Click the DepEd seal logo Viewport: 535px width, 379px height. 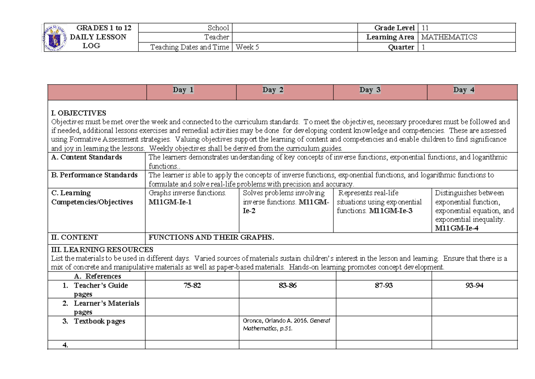point(56,37)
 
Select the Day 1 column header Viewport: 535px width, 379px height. point(183,90)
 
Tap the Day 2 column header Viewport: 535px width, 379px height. point(273,90)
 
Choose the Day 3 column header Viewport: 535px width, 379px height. point(370,90)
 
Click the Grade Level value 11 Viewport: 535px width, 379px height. point(424,28)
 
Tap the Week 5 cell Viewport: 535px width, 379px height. point(247,47)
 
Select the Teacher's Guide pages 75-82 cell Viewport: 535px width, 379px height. point(192,286)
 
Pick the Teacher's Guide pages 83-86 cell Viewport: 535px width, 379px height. point(288,286)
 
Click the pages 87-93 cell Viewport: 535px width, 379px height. point(383,286)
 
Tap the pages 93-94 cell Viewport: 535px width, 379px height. point(474,286)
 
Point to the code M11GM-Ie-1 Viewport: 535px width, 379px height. point(170,202)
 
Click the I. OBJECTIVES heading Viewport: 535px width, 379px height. point(78,113)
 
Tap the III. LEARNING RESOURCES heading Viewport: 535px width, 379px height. point(102,250)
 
